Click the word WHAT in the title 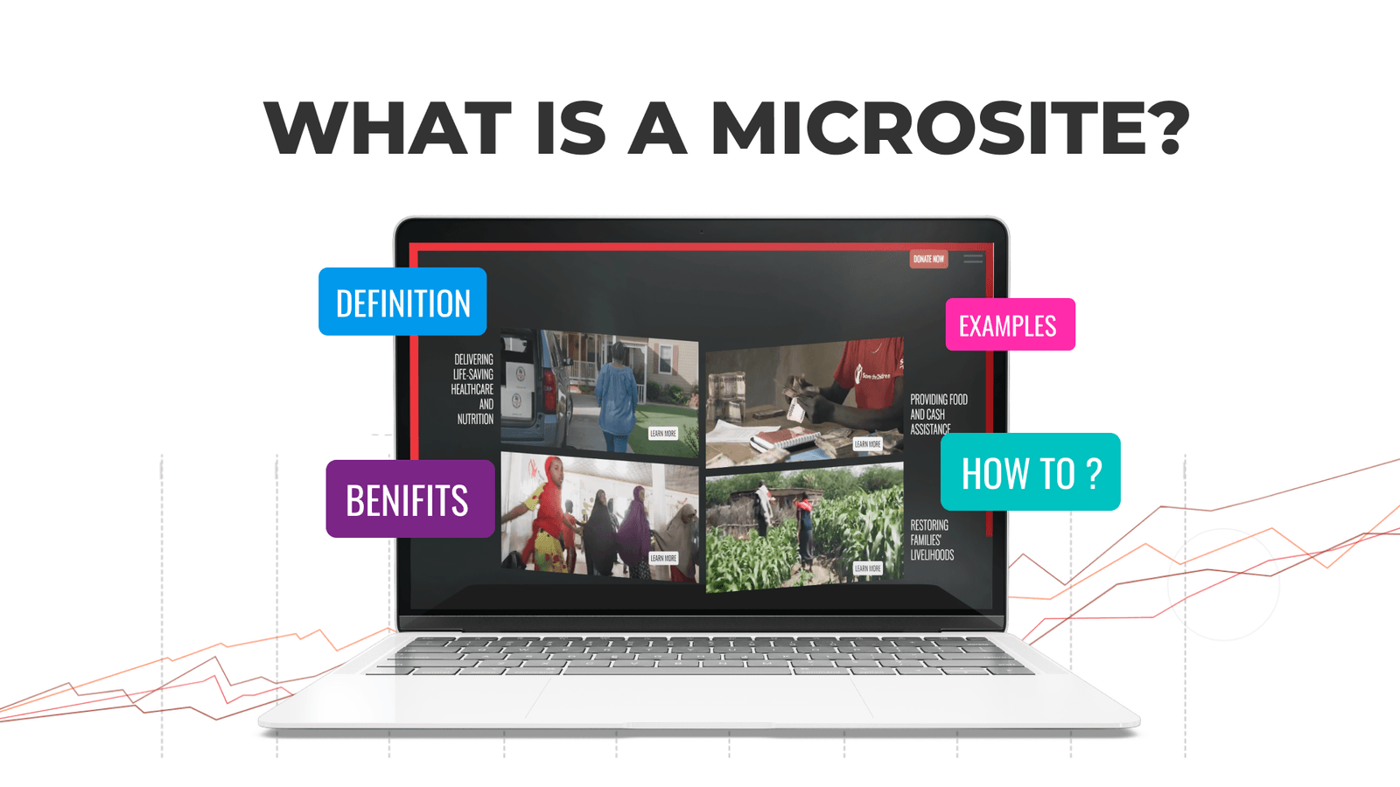(x=388, y=128)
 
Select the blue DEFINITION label (x=402, y=303)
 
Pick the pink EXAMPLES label (x=1010, y=325)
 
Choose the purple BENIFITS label (x=409, y=499)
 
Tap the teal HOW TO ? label (x=1030, y=472)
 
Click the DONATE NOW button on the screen (x=928, y=259)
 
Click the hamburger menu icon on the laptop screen (x=973, y=259)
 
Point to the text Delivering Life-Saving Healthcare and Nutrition (x=473, y=389)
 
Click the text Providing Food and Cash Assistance (x=938, y=414)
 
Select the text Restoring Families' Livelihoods (x=931, y=540)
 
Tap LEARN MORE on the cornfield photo (x=867, y=568)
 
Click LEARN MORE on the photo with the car (x=662, y=433)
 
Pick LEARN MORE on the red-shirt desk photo (x=867, y=444)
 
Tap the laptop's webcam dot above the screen (x=701, y=232)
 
